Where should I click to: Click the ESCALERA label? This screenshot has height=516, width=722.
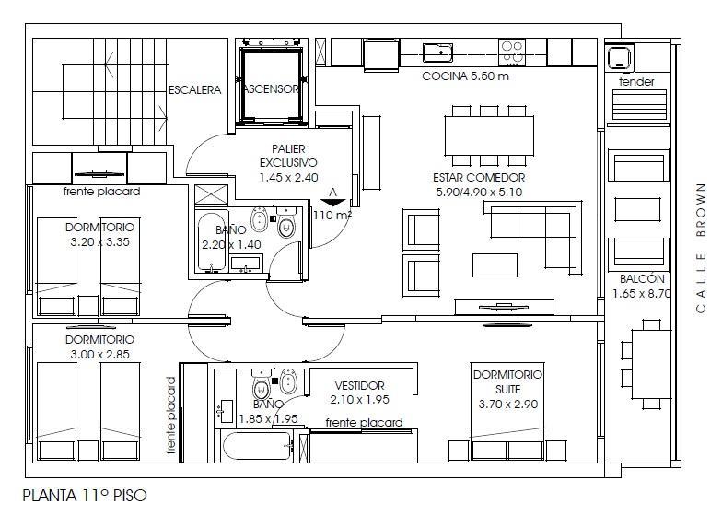195,90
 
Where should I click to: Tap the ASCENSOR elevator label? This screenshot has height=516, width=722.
272,88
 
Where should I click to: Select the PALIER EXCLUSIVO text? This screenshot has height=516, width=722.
288,156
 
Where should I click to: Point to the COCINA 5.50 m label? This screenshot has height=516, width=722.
466,76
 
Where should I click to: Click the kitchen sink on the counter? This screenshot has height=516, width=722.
437,53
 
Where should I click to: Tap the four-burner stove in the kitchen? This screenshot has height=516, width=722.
512,52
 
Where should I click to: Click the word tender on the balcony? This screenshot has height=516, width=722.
636,82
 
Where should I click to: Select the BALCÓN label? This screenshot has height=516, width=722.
642,278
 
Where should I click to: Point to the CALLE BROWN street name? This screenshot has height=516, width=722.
701,248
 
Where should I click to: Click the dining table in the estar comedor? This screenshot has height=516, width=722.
489,135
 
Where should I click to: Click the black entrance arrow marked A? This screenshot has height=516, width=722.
333,203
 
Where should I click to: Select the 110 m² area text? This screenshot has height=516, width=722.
332,215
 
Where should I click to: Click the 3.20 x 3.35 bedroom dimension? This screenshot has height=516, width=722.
99,241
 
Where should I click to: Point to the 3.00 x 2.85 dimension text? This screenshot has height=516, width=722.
99,354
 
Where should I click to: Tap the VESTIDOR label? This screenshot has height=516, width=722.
359,385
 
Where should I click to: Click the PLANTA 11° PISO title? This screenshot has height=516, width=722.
85,496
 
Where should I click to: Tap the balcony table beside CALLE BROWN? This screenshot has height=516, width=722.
650,364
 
